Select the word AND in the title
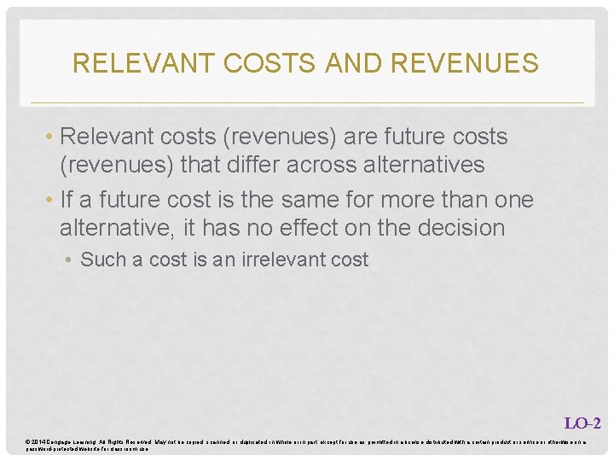pyautogui.click(x=344, y=63)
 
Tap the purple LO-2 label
pyautogui.click(x=583, y=423)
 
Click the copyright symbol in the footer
pyautogui.click(x=28, y=441)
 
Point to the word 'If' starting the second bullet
pyautogui.click(x=68, y=201)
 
